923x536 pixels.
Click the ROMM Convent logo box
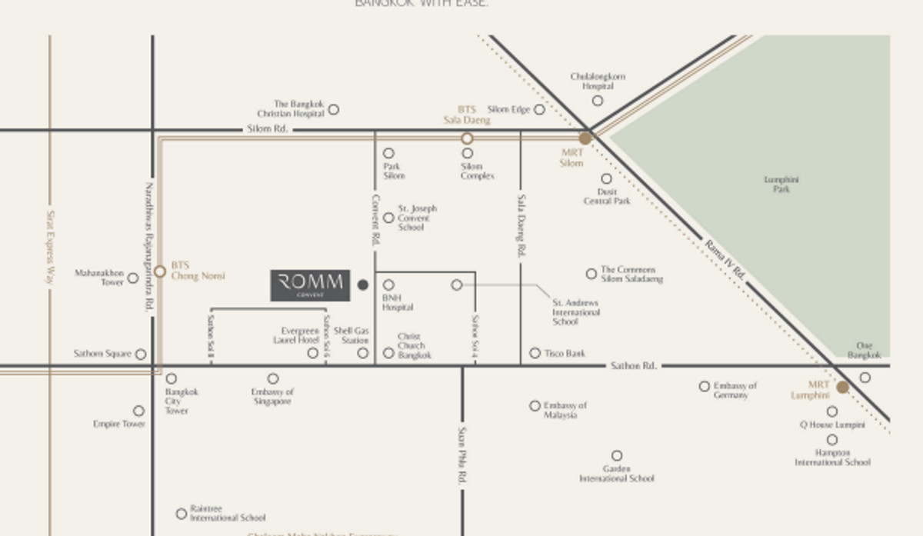tap(310, 285)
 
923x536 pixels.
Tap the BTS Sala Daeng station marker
tap(467, 138)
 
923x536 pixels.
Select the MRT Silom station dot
tap(585, 138)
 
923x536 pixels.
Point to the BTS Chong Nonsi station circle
tap(160, 271)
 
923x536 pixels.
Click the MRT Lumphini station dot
tap(842, 387)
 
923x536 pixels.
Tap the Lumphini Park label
tap(781, 185)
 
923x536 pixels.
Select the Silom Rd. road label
tap(268, 129)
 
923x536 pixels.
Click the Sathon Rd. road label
tap(633, 366)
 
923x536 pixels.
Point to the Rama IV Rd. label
tap(725, 259)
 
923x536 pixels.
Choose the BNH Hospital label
tap(398, 302)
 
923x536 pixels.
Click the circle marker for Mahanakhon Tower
tap(133, 278)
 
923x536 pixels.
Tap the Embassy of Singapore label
tap(272, 397)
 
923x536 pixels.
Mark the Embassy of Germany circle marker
tap(705, 386)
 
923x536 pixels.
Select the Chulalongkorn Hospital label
tap(598, 82)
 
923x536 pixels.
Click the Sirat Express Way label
tap(50, 248)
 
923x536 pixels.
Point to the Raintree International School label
tap(228, 514)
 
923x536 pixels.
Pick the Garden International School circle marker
tap(617, 456)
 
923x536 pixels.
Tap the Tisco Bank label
tap(565, 354)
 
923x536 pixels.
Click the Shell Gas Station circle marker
tap(363, 353)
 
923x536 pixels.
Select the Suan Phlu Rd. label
tap(462, 455)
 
